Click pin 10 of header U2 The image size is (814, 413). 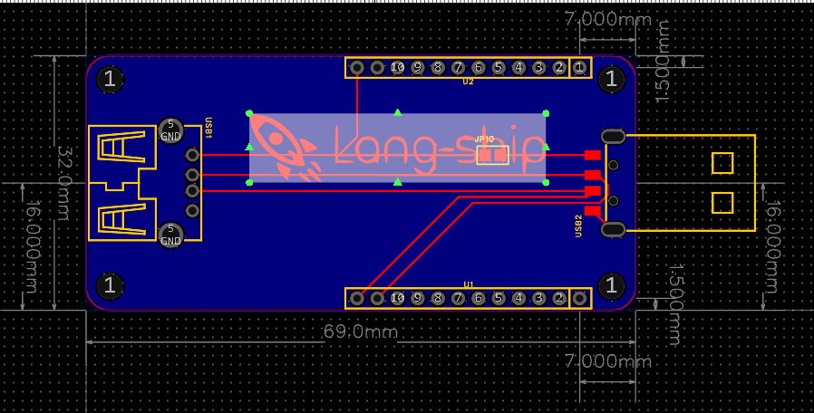tap(397, 68)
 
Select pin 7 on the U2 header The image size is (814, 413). tap(458, 68)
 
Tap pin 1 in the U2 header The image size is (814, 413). tap(580, 68)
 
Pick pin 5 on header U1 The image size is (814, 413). tap(499, 298)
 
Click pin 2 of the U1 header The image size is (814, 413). tap(559, 298)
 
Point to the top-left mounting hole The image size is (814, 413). tap(110, 80)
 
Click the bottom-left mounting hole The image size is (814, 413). tap(110, 287)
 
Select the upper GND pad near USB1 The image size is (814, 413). tap(170, 130)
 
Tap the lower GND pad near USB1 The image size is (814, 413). tap(170, 235)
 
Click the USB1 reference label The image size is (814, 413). tap(208, 128)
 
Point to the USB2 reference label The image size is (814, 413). tap(578, 226)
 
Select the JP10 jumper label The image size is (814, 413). tap(484, 139)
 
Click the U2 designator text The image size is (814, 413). tap(468, 82)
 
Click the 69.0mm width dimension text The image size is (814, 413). tap(361, 332)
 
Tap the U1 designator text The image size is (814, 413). tap(469, 284)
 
